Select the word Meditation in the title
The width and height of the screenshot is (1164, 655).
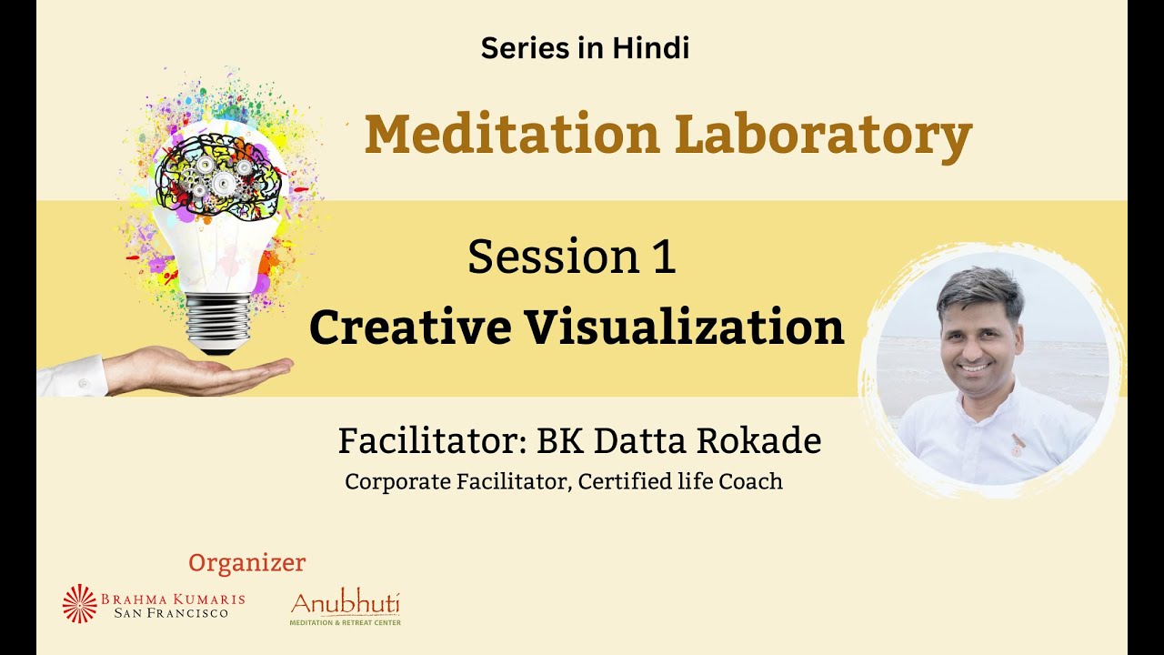pos(512,135)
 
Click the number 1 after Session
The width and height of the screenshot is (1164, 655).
pos(663,257)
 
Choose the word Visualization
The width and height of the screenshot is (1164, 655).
pos(681,327)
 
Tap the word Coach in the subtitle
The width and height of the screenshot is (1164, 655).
pos(750,481)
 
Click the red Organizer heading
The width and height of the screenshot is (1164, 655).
pos(246,563)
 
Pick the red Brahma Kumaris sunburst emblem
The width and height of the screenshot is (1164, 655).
pos(79,603)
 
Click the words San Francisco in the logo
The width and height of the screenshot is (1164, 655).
pos(171,613)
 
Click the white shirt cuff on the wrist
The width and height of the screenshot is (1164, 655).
pos(73,376)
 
